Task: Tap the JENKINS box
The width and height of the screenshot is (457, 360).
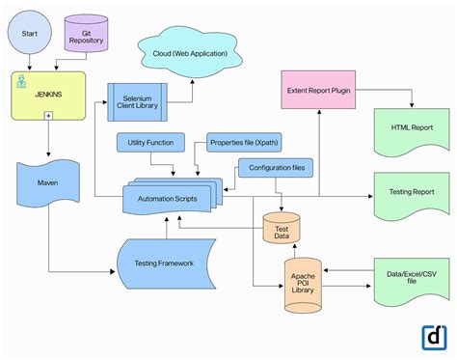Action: (x=48, y=95)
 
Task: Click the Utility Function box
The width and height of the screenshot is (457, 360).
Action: (x=151, y=143)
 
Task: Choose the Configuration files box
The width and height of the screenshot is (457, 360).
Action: (x=279, y=168)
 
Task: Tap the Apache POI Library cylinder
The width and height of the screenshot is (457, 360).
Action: (x=302, y=285)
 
